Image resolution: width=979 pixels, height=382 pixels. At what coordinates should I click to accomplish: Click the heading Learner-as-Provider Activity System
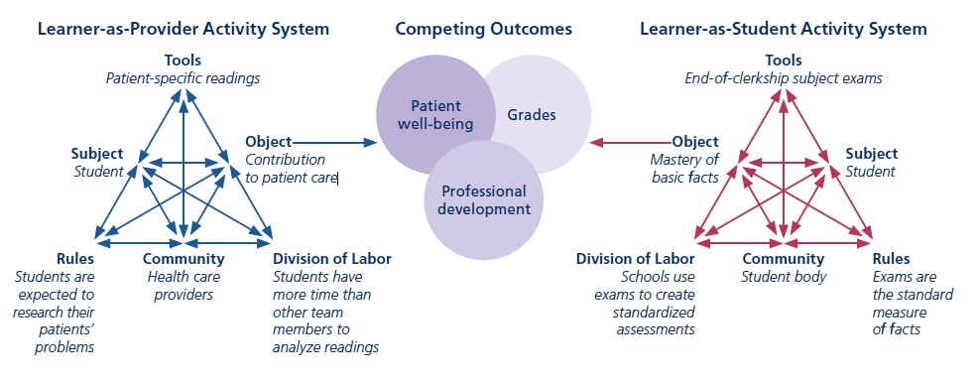coord(183,29)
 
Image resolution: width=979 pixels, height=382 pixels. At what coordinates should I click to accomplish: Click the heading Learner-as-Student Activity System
coord(784,29)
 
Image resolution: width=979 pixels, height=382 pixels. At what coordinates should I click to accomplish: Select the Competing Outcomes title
coord(483,29)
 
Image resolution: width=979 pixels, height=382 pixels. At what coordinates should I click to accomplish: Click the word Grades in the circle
coord(532,115)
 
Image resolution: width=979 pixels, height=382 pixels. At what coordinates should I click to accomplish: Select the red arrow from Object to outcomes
coord(629,142)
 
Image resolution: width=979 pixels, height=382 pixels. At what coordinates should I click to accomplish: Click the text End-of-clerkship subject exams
coord(784,76)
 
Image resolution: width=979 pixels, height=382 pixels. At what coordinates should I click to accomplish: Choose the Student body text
coord(784,276)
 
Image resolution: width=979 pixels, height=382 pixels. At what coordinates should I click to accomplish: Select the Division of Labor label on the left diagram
coord(331,259)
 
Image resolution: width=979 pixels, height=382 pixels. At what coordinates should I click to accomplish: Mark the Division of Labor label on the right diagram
coord(636,259)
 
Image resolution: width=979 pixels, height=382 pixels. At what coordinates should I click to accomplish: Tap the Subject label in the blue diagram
coord(96,154)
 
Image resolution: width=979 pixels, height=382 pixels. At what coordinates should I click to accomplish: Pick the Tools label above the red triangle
coord(784,60)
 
